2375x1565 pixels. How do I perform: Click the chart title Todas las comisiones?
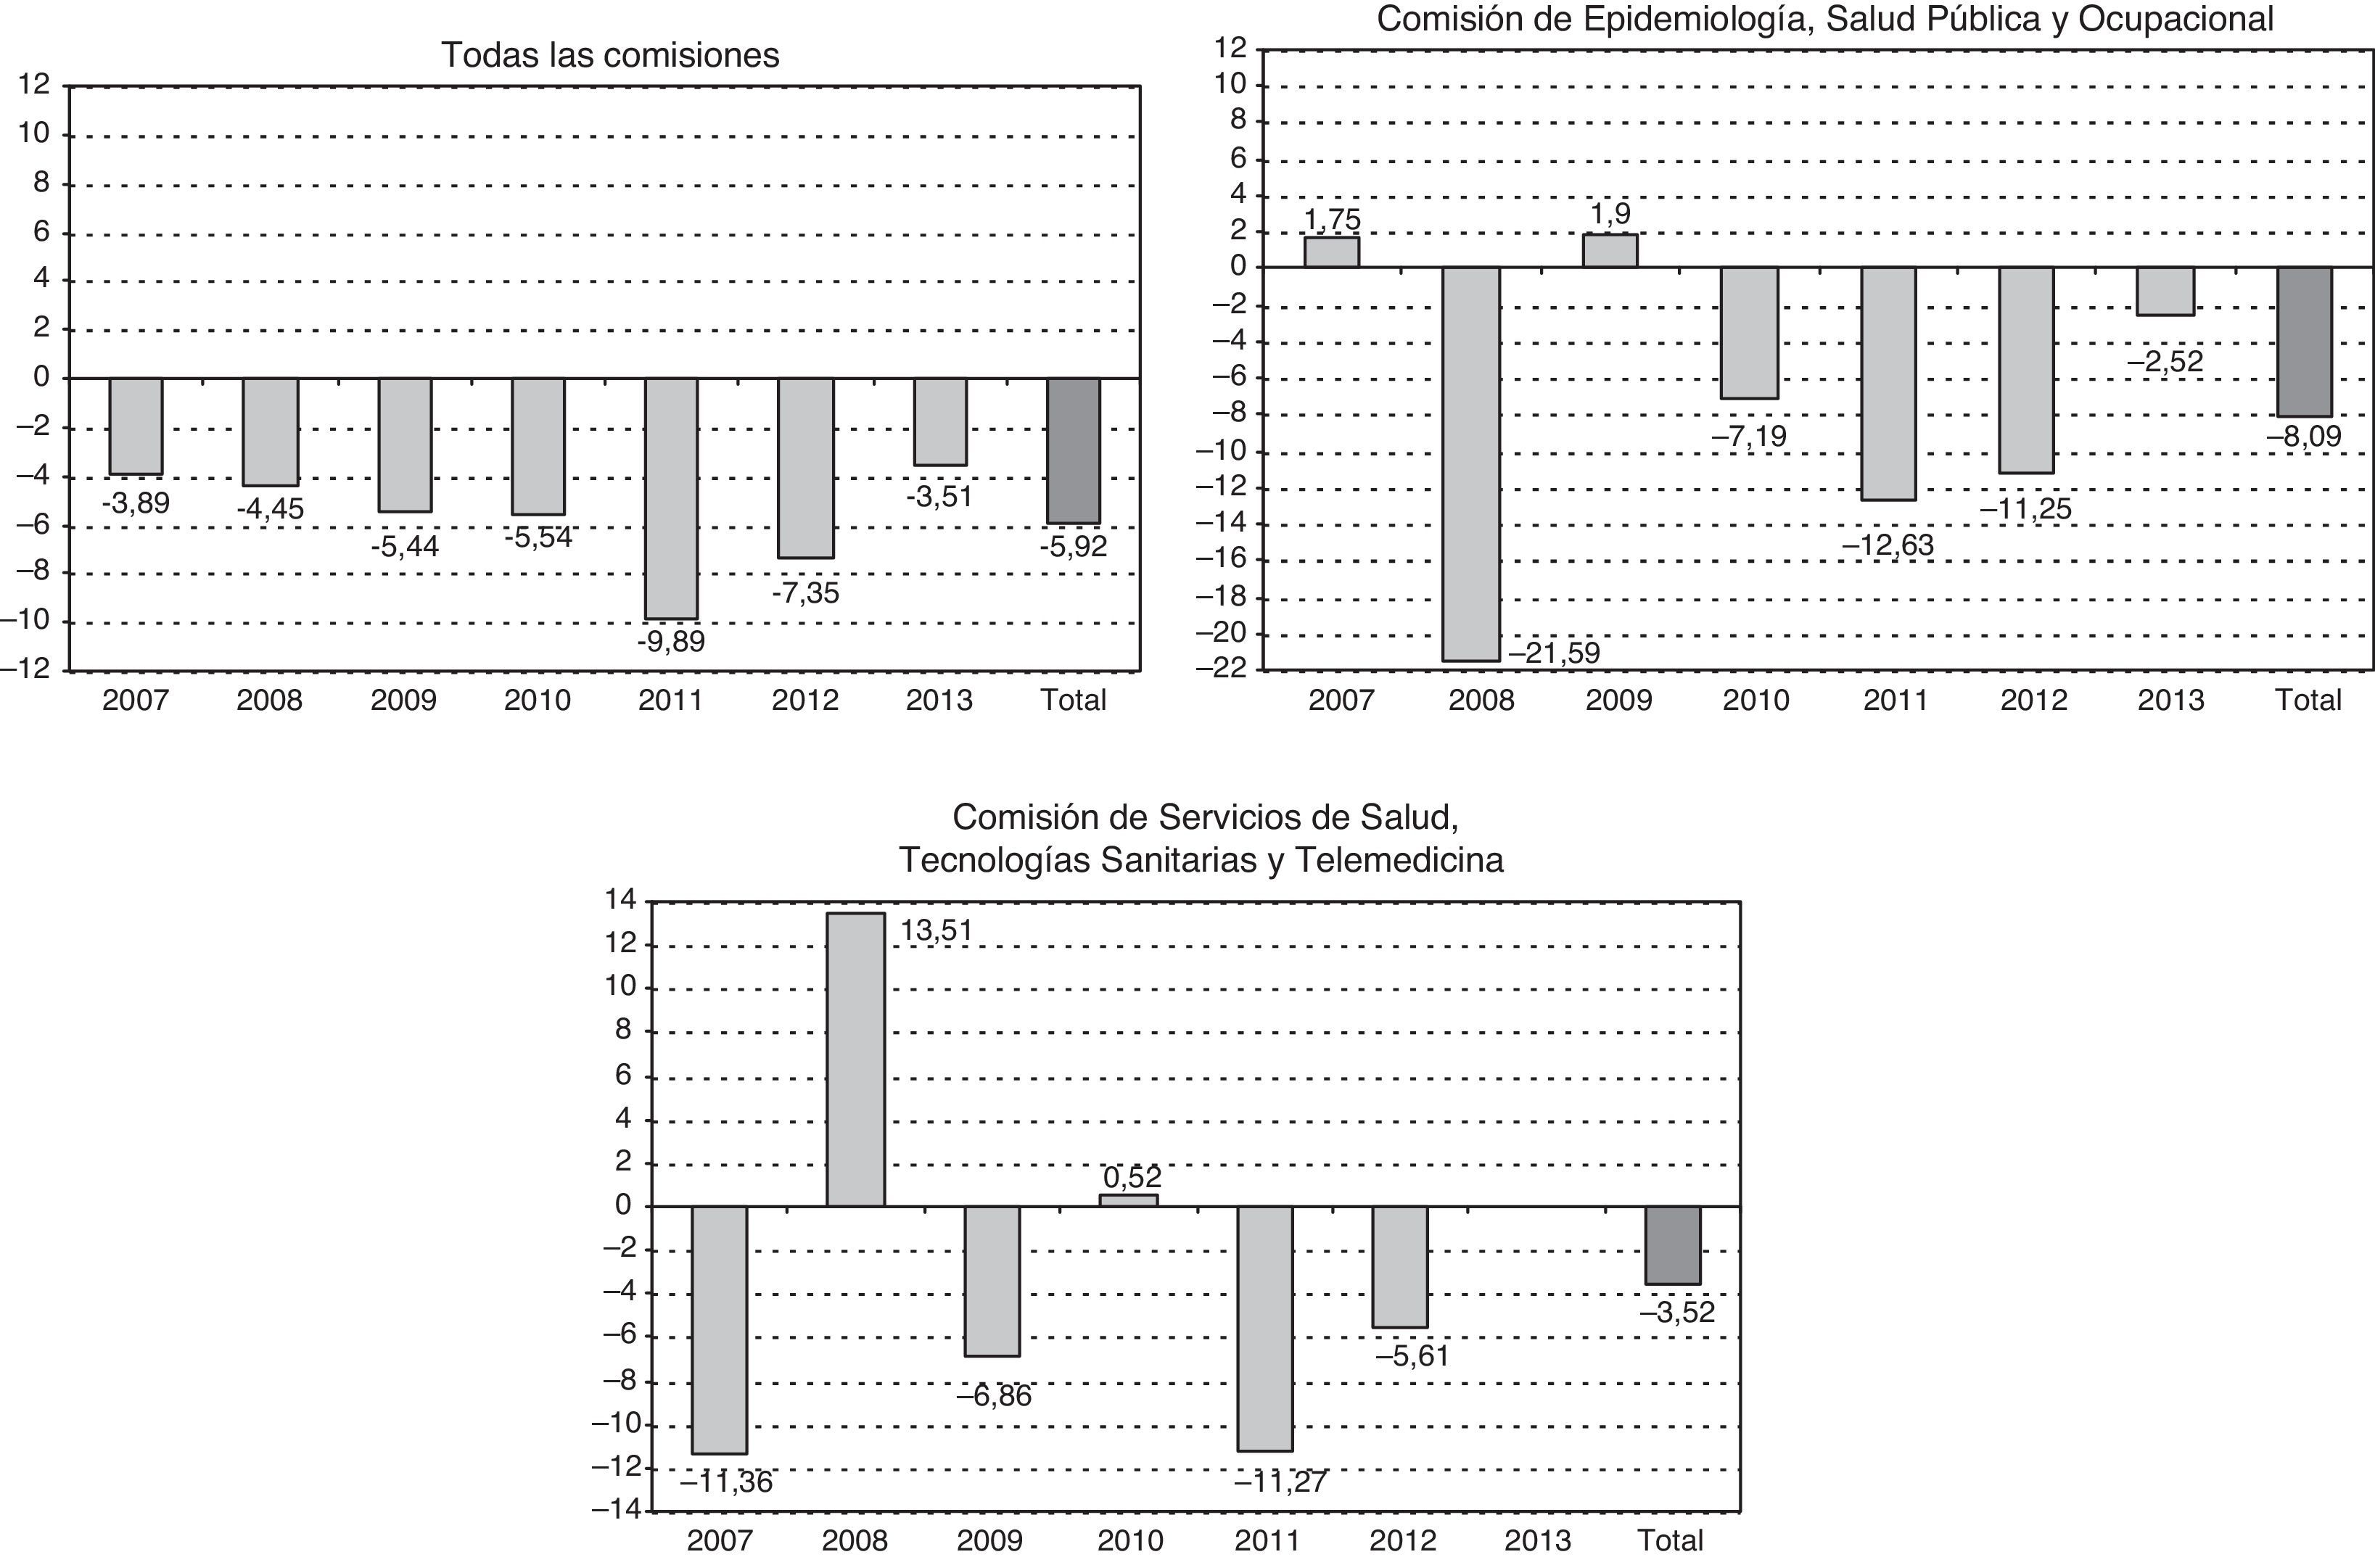[x=610, y=55]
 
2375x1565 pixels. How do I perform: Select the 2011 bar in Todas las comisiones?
[x=671, y=498]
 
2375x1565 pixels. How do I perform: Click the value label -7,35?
[x=806, y=594]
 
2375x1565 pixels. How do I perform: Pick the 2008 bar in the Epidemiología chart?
[x=1472, y=463]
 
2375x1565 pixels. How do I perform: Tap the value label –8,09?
[x=2303, y=437]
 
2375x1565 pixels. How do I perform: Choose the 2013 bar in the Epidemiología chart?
[x=2165, y=292]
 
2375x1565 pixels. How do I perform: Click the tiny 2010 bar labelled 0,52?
[x=1128, y=1199]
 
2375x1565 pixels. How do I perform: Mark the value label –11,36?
[x=727, y=1483]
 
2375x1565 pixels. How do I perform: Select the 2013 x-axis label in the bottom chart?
[x=1537, y=1541]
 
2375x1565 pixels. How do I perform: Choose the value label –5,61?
[x=1412, y=1356]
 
